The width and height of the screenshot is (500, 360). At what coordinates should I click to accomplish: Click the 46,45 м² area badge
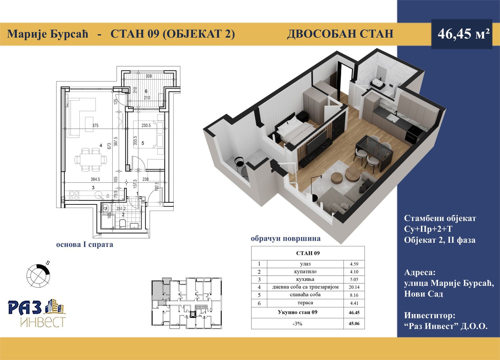pos(462,34)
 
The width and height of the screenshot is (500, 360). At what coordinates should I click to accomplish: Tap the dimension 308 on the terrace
pos(149,76)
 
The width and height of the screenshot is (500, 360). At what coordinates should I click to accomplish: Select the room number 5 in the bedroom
pos(143,143)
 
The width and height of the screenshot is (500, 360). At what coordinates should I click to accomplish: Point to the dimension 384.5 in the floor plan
pos(95,179)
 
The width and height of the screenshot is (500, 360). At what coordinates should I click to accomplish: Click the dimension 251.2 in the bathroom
pos(121,209)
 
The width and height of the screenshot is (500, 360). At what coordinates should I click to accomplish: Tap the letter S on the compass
pos(47,263)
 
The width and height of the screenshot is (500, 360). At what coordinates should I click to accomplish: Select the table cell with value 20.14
pos(354,287)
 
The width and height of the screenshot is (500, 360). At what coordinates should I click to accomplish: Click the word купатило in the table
pos(305,272)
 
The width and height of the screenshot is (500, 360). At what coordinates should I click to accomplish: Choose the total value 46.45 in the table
pos(354,313)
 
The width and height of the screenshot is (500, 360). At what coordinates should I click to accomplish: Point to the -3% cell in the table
pos(297,324)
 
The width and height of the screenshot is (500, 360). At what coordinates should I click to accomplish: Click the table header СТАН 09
pos(308,253)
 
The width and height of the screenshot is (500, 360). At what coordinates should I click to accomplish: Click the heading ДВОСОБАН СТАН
pos(340,34)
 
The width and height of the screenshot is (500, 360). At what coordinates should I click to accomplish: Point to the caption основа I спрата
pos(85,244)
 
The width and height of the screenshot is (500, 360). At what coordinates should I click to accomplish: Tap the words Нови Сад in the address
pos(423,294)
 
